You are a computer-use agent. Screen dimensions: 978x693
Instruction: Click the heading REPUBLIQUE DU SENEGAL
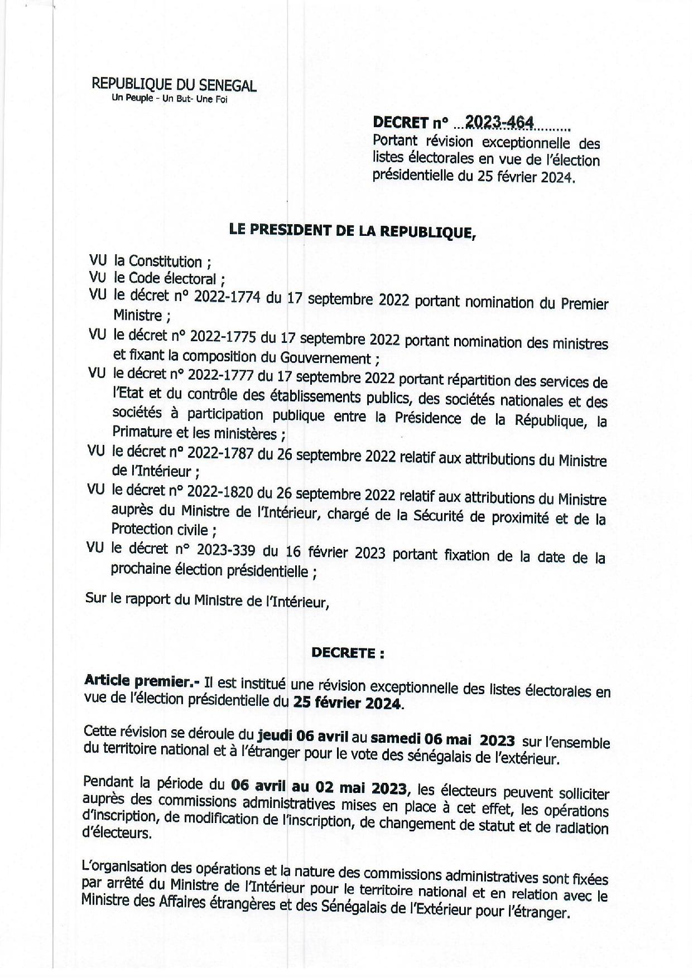coord(174,85)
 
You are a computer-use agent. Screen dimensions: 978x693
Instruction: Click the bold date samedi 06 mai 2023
coord(442,740)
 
